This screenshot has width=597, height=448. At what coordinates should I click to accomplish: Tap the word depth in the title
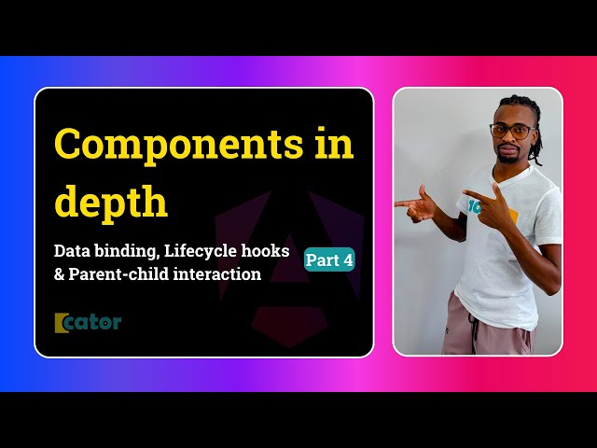coord(111,203)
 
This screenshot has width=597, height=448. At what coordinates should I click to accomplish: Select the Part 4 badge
coord(329,261)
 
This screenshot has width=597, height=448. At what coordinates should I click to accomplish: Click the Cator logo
coord(88,322)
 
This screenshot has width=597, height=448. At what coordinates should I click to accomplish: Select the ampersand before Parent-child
coord(61,273)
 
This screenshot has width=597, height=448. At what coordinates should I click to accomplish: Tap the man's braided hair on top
coord(518,105)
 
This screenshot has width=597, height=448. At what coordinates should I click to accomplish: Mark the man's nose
coord(509,140)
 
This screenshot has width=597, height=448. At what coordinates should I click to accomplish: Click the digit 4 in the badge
coord(347,261)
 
